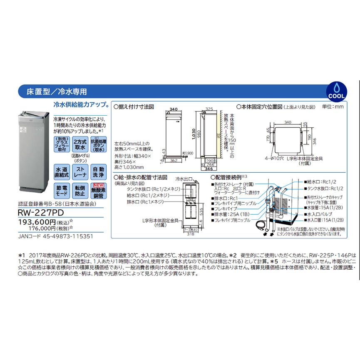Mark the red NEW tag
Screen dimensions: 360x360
(98, 186)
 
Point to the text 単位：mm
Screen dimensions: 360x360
(333, 107)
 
